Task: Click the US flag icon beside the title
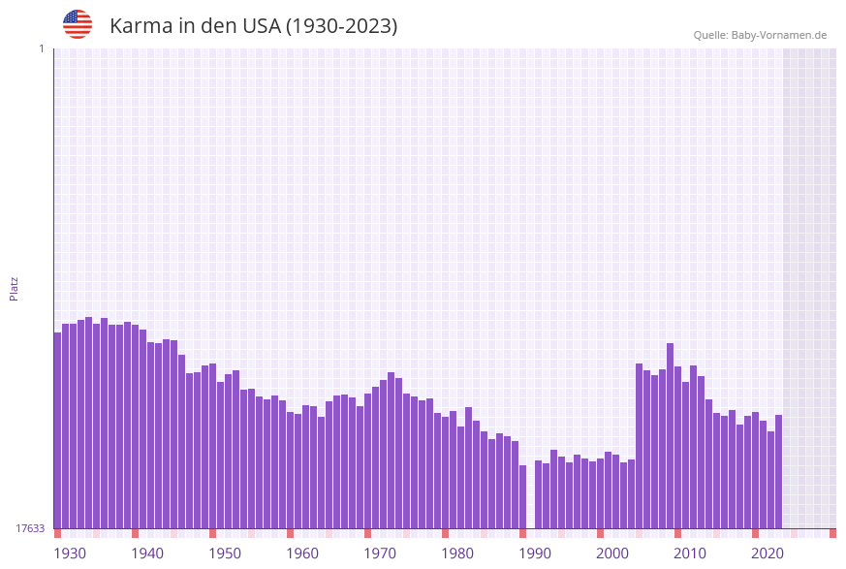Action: coord(78,24)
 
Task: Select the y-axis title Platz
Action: coord(15,288)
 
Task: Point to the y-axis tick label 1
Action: coord(41,48)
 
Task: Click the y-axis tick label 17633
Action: coord(30,528)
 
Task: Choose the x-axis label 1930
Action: coord(69,553)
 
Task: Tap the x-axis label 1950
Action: coord(225,553)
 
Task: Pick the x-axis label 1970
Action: coord(380,553)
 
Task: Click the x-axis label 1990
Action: coord(535,553)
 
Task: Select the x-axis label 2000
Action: coord(612,553)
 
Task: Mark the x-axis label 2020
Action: coord(768,553)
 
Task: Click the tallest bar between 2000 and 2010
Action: coord(670,435)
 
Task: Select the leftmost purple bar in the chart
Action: coord(57,430)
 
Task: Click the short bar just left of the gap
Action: coord(522,496)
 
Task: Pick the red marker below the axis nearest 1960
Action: coord(290,533)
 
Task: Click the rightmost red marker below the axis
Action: coord(832,533)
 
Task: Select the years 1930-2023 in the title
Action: coord(341,26)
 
